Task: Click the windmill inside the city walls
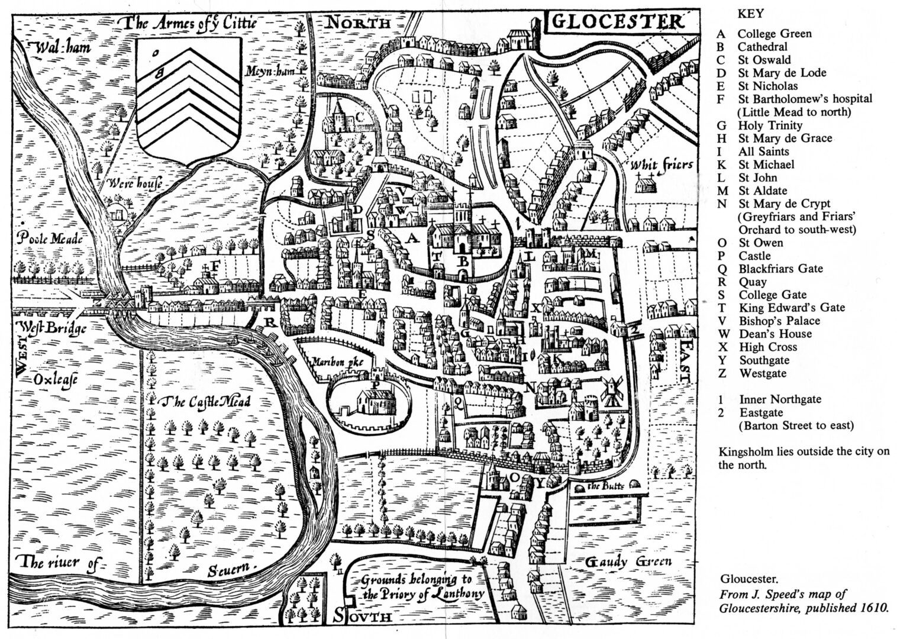click(x=609, y=388)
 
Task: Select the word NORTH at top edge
click(x=359, y=23)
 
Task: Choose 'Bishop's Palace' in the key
click(x=779, y=321)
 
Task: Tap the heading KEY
click(x=750, y=14)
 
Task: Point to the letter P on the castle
click(x=374, y=383)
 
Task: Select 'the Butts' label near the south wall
click(x=602, y=487)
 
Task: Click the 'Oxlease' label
click(x=55, y=379)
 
